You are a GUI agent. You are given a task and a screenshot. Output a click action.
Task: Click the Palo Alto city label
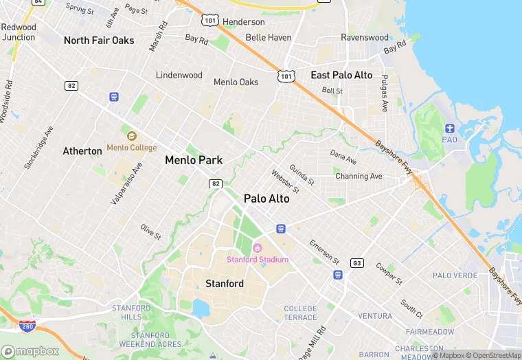[266, 199]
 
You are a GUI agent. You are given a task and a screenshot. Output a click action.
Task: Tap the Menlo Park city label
[194, 160]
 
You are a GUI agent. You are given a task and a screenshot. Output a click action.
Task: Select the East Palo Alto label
[341, 75]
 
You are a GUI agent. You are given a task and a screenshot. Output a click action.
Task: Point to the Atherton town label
[82, 150]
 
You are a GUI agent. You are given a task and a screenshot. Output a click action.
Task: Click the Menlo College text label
[131, 148]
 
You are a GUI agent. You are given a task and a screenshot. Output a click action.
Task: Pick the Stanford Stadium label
[258, 259]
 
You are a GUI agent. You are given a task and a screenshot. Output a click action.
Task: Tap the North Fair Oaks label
[99, 41]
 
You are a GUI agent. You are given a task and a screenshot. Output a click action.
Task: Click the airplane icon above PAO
[450, 128]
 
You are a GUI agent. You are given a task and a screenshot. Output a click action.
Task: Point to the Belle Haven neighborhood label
[269, 37]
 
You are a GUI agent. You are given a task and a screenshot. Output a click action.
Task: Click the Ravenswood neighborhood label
[365, 37]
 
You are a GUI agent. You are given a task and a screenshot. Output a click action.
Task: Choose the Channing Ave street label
[359, 177]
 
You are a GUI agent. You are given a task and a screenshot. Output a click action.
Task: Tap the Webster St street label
[285, 181]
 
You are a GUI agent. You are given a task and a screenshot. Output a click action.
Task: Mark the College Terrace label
[300, 313]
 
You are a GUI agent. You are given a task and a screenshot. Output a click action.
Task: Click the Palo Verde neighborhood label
[455, 275]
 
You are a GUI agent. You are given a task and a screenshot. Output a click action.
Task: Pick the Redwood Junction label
[19, 32]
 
